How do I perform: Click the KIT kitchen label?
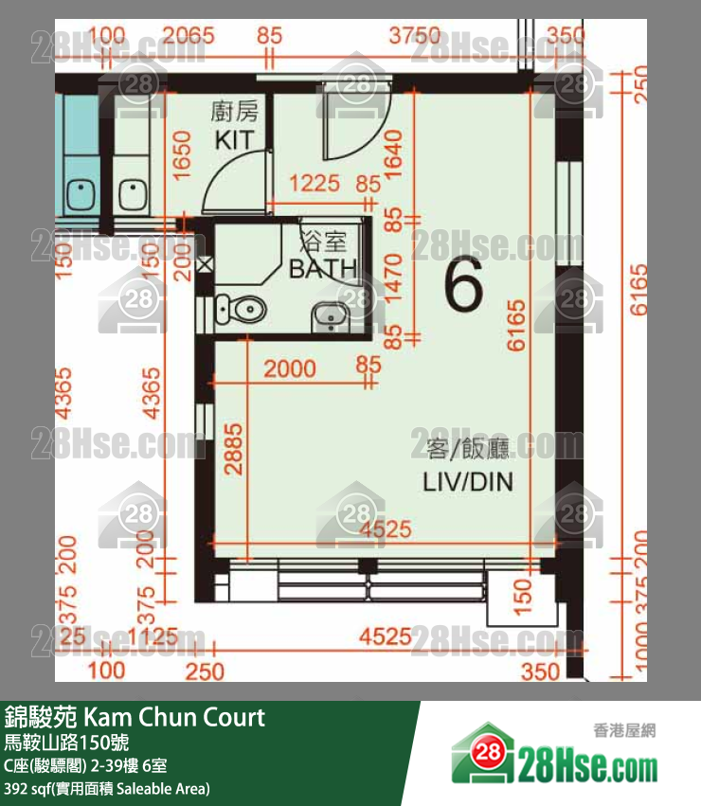[234, 140]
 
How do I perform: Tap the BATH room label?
[323, 269]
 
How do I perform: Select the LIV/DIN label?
[467, 482]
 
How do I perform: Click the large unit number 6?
[464, 287]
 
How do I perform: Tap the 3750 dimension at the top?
[415, 36]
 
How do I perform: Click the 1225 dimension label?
[315, 183]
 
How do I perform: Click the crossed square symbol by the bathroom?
[206, 266]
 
